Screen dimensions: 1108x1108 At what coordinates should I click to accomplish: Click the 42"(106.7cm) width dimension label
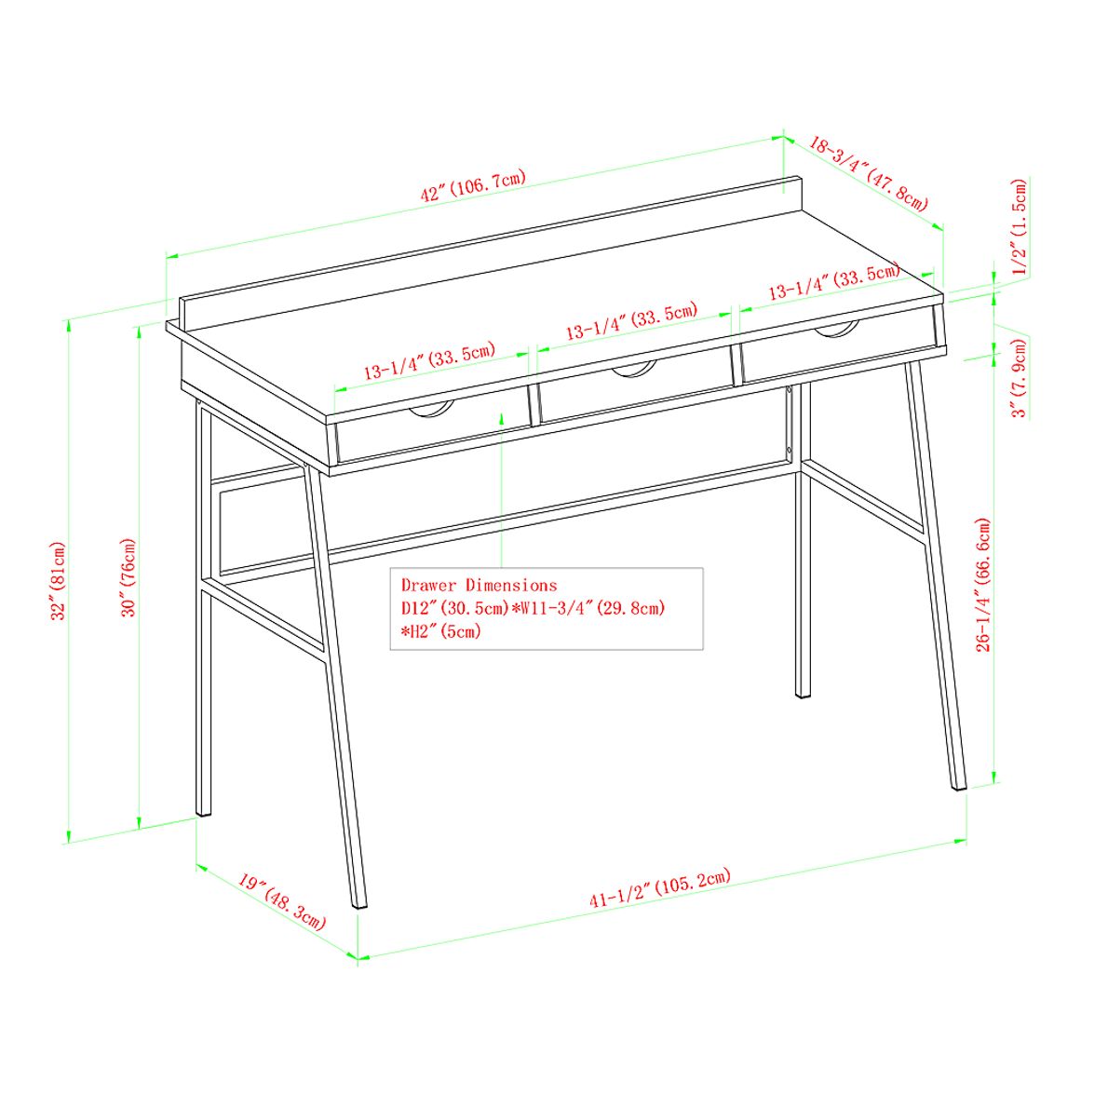click(473, 185)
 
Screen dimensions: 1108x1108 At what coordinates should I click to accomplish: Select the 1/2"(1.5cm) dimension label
click(1020, 226)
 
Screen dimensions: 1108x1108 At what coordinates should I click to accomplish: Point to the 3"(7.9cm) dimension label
click(1020, 378)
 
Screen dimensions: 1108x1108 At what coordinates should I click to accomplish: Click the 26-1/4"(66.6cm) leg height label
click(984, 585)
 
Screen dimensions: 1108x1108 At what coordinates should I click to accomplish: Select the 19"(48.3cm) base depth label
click(281, 901)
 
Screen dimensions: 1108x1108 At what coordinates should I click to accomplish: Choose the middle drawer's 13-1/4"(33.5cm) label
click(631, 321)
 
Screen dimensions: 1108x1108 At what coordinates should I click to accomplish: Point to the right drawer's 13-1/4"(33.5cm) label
click(833, 280)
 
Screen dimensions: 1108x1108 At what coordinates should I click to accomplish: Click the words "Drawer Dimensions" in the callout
click(479, 585)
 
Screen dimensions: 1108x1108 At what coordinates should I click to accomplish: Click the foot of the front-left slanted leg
click(358, 902)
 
